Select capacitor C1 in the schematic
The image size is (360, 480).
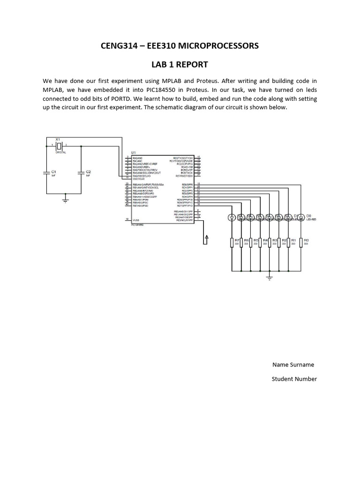pos(47,173)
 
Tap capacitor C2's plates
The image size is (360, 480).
pos(81,173)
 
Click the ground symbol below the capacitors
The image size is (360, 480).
pos(65,200)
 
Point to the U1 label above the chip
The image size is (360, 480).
pos(134,153)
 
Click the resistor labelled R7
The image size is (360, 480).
pos(232,242)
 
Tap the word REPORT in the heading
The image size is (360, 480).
pos(190,65)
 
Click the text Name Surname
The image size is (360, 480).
pos(293,365)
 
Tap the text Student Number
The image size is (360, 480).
pos(294,379)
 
